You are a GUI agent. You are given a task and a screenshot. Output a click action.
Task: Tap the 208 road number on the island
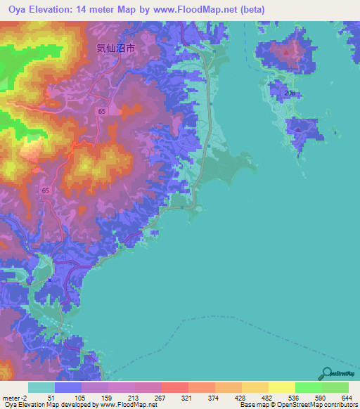pyautogui.click(x=291, y=93)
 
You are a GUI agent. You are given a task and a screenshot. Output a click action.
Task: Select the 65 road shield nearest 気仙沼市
pyautogui.click(x=102, y=112)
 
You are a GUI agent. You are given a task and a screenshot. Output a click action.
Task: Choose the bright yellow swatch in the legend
pyautogui.click(x=282, y=387)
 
